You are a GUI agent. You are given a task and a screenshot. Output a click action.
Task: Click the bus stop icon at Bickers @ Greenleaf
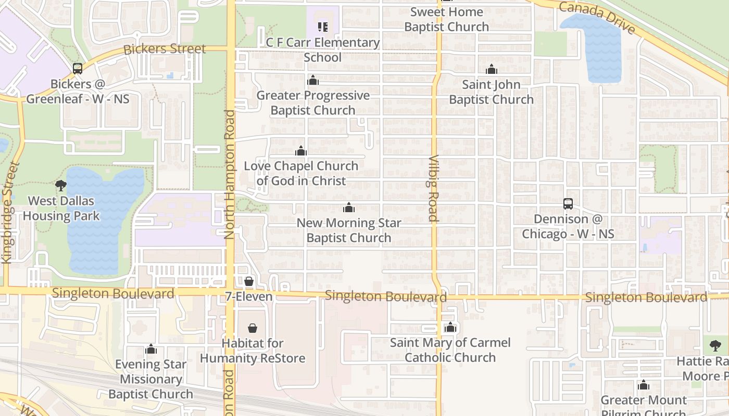(78, 68)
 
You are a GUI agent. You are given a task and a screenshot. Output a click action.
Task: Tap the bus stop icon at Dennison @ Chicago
(568, 204)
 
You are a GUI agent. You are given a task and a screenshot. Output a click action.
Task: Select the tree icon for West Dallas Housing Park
(61, 185)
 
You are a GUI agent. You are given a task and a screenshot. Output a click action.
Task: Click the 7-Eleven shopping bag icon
(249, 281)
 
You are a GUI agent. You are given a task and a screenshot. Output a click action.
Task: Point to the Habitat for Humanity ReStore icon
(253, 328)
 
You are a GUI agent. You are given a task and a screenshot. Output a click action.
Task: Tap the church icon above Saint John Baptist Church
(492, 69)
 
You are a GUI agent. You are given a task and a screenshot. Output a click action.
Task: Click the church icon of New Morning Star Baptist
(349, 208)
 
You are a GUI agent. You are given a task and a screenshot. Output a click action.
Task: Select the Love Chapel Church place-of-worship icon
(300, 151)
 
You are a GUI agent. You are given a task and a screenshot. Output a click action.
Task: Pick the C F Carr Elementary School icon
(322, 27)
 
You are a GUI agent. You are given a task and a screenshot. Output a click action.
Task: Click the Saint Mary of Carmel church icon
(450, 328)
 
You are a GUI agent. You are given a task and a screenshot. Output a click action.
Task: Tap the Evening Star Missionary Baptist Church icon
(151, 349)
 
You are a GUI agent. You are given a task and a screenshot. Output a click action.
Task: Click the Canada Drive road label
(597, 17)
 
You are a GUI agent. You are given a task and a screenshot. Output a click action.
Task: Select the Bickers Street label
(165, 49)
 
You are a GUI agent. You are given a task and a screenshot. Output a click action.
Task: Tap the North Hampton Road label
(230, 174)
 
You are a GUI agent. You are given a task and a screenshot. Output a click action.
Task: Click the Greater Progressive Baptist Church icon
(313, 80)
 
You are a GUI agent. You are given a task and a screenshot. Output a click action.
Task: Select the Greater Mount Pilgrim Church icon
(644, 385)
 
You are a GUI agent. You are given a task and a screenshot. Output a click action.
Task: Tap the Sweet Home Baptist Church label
(447, 19)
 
